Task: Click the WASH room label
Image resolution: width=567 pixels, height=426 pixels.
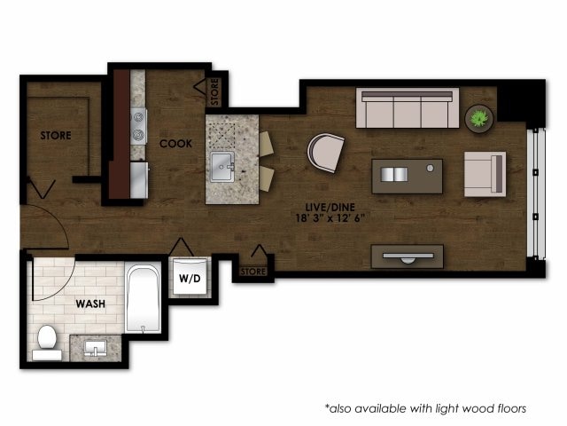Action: pos(90,303)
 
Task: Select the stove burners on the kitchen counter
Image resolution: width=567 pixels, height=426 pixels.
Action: pos(138,125)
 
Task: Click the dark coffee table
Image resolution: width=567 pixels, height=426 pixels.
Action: pos(407,176)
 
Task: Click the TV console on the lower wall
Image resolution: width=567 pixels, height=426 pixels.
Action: pos(407,256)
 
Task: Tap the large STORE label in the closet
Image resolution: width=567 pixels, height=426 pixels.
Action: pos(55,136)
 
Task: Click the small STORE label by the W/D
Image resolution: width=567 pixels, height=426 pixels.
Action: pos(253,271)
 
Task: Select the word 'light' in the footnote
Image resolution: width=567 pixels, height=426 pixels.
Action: pos(451,408)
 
